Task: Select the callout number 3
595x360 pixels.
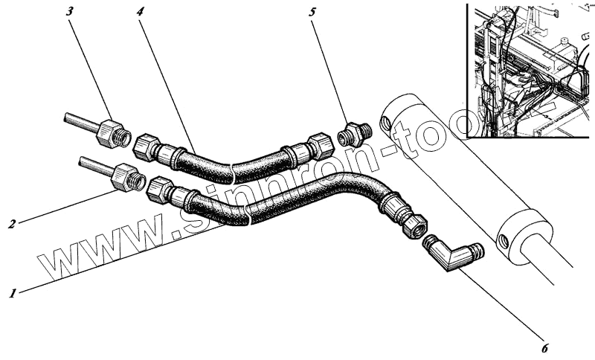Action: coord(71,13)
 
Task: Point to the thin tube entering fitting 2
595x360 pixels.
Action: coord(93,165)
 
